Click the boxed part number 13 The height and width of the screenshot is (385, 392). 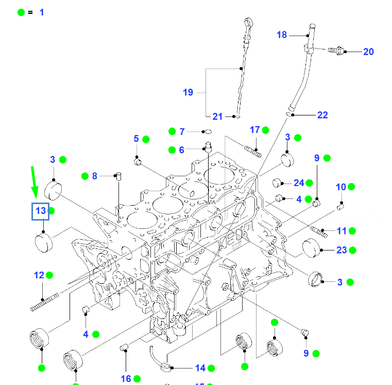(41, 211)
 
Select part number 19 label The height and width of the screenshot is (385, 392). (188, 92)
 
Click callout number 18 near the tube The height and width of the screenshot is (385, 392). (282, 35)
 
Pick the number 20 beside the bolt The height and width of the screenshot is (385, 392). (368, 52)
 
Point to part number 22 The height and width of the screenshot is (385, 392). (322, 115)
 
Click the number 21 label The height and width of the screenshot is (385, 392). (218, 117)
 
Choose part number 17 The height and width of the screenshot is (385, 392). (255, 130)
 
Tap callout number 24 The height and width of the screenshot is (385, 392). (299, 182)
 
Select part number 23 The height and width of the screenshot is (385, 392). (342, 250)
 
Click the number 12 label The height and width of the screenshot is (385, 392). (39, 275)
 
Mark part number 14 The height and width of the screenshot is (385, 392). (200, 368)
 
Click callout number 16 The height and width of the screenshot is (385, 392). (126, 379)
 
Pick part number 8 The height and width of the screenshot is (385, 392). (94, 176)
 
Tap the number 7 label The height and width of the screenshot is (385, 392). (181, 132)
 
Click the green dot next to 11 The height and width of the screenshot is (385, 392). (352, 230)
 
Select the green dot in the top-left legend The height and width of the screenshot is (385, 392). (21, 12)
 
